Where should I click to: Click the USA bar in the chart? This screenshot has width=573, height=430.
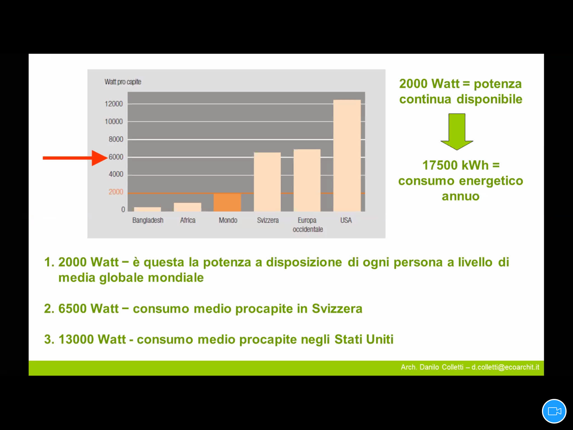[x=347, y=156]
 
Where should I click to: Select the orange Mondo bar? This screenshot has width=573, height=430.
[x=227, y=202]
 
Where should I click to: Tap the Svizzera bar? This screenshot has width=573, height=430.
[x=267, y=182]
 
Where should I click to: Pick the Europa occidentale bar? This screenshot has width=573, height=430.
[x=307, y=180]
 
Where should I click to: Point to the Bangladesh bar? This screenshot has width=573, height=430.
[x=147, y=209]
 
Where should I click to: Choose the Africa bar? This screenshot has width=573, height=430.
[x=187, y=207]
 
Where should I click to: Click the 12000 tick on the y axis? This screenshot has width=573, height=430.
[x=114, y=104]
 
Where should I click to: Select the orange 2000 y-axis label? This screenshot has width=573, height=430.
[x=116, y=192]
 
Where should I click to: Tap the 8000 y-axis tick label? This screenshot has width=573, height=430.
[x=116, y=139]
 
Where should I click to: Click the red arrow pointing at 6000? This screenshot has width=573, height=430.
[x=75, y=158]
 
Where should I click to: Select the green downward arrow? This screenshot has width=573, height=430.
[x=457, y=132]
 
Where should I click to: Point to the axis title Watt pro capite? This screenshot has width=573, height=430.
[x=123, y=82]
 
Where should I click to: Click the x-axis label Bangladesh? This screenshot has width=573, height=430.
[x=148, y=220]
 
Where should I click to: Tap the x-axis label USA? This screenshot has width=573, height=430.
[x=346, y=220]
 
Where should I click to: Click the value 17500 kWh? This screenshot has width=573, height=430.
[x=455, y=165]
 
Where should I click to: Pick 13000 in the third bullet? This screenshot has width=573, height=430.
[x=76, y=339]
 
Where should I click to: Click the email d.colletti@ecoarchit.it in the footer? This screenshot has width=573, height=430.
[x=505, y=367]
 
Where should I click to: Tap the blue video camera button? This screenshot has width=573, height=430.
[x=554, y=411]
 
